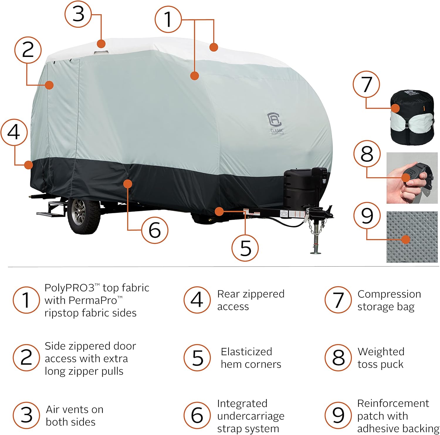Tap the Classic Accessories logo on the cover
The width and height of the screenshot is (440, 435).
tap(275, 123)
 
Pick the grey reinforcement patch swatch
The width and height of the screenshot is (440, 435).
tap(412, 237)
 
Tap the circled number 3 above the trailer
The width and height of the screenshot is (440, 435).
tap(78, 13)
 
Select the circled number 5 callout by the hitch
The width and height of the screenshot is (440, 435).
tap(245, 248)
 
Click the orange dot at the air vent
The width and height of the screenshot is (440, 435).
tap(101, 44)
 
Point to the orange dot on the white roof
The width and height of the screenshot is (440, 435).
tap(214, 47)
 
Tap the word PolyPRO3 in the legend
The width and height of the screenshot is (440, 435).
tap(70, 288)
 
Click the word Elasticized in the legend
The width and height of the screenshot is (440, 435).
tap(246, 351)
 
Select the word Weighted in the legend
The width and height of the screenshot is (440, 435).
tap(381, 351)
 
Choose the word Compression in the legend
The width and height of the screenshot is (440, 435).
tap(389, 294)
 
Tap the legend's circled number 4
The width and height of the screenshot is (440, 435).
tap(197, 300)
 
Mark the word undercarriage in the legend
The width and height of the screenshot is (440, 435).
tap(251, 416)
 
